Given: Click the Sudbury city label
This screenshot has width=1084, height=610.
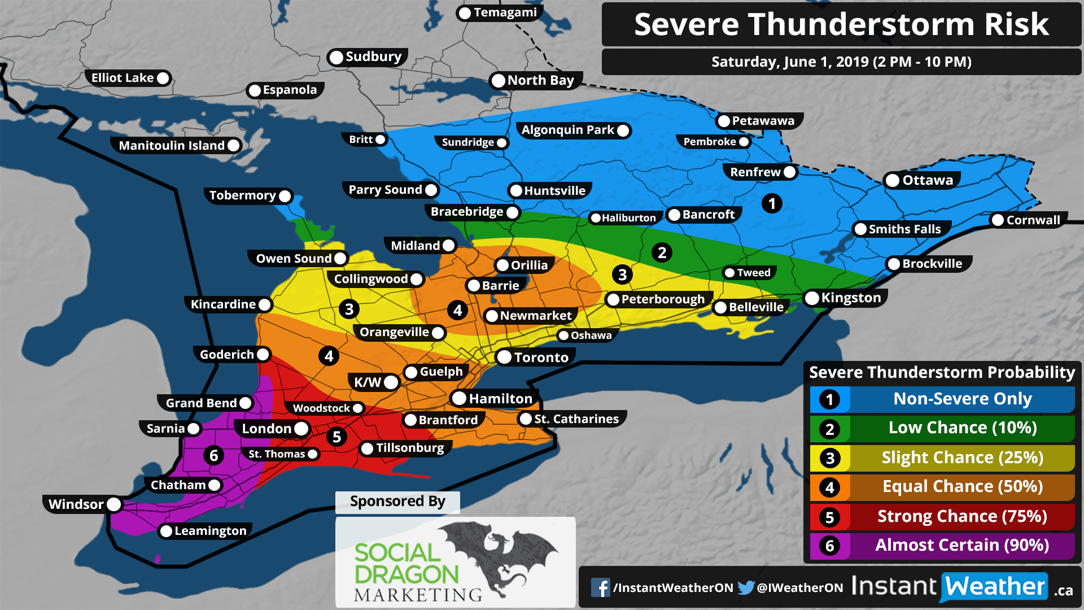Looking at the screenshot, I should click(373, 57).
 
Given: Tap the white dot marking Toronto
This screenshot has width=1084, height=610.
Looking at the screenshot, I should click(504, 357).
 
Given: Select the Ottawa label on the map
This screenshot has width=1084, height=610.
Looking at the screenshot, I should click(927, 180).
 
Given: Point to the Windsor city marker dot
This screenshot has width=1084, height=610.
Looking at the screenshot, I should click(113, 504).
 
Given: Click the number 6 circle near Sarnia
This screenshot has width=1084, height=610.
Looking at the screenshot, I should click(213, 455).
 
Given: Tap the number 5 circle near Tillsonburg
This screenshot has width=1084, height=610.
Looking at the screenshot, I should click(336, 437).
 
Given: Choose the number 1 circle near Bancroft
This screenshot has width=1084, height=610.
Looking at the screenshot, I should click(771, 203).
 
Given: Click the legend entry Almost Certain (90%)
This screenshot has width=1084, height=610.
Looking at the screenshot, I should click(961, 545).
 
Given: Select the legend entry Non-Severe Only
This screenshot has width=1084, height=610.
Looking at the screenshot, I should click(961, 399).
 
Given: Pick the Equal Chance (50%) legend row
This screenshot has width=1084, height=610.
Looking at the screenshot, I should click(961, 486).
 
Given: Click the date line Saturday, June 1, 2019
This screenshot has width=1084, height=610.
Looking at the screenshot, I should click(841, 62).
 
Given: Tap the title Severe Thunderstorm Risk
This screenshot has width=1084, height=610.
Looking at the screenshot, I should click(841, 24).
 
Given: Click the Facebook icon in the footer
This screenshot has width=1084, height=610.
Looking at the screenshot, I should click(600, 587).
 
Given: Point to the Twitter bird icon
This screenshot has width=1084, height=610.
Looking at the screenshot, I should click(746, 587).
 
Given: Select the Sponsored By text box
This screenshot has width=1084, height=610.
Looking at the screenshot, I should click(397, 502).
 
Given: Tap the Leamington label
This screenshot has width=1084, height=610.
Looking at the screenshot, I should click(210, 531).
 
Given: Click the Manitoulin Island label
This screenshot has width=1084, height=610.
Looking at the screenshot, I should click(172, 146).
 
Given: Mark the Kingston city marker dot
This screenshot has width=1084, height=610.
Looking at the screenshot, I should click(812, 298).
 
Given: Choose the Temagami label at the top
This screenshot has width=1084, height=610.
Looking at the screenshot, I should click(505, 12).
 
